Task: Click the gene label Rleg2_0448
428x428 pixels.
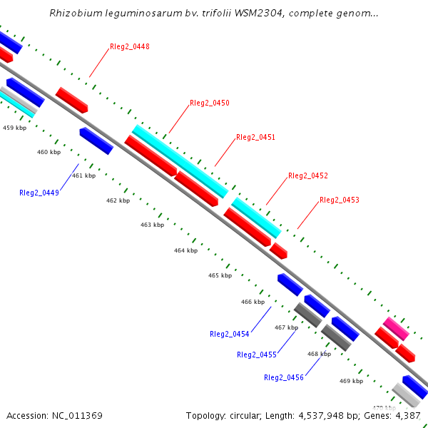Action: pos(130,47)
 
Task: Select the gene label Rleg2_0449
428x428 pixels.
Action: pos(39,193)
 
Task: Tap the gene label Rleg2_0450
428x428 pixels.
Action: pos(210,103)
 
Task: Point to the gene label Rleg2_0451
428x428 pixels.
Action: pos(255,137)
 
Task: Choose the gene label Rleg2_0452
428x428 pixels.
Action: pos(308,175)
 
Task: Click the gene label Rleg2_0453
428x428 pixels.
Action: pos(340,200)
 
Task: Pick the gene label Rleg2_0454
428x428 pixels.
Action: pos(230,334)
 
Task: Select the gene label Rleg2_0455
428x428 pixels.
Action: pos(257,355)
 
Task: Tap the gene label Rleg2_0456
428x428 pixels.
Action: pos(284,377)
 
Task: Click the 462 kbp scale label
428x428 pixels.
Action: pos(118,201)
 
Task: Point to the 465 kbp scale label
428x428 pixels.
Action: pos(220,275)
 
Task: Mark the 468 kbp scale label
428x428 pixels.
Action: pos(319,354)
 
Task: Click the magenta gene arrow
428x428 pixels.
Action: pos(396,328)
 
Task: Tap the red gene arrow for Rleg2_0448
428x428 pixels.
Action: pos(72,100)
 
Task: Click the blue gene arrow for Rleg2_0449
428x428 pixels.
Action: pos(96,141)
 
